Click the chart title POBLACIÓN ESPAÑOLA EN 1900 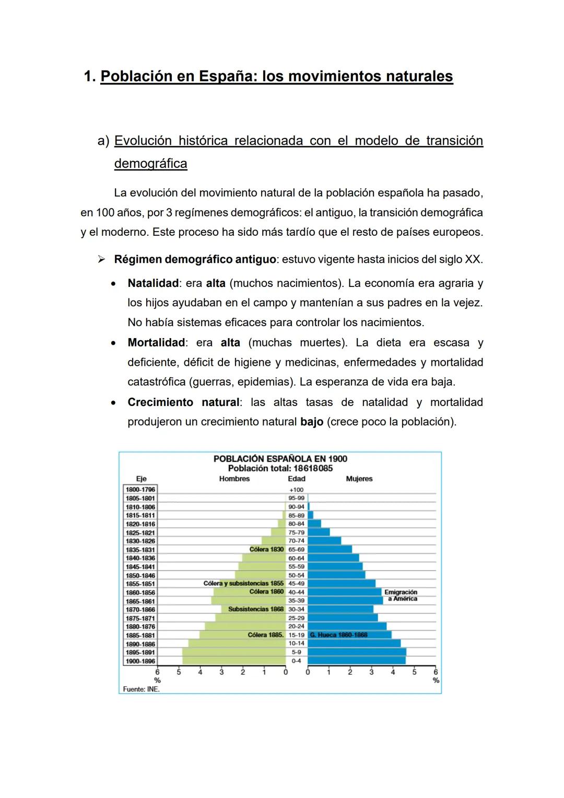click(280, 458)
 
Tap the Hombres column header click(234, 479)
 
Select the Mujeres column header click(359, 479)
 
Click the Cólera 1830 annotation click(266, 549)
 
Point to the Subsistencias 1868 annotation click(255, 609)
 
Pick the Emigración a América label click(401, 595)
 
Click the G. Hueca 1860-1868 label click(338, 635)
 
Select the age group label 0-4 click(296, 661)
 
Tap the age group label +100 click(296, 490)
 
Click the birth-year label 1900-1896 click(140, 661)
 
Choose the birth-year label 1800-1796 click(140, 490)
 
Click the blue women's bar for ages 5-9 click(356, 652)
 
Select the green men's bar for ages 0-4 click(233, 661)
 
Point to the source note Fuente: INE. click(141, 689)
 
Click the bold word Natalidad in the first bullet click(153, 283)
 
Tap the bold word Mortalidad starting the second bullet click(156, 343)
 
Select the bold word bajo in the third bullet click(312, 422)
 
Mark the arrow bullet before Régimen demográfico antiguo click(102, 259)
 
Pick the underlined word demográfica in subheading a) click(150, 164)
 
